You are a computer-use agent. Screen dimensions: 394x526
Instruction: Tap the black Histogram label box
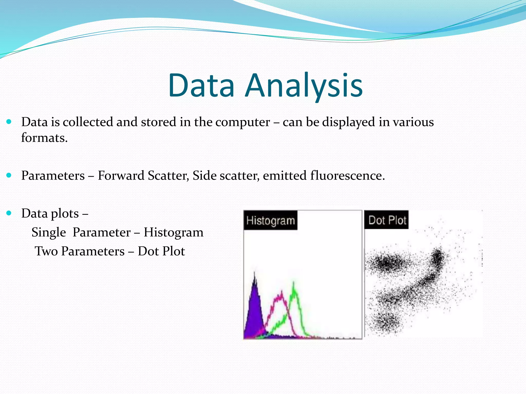coord(270,220)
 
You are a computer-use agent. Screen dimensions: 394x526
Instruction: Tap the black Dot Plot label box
coord(387,220)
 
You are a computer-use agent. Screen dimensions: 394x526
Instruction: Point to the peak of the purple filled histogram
coord(255,273)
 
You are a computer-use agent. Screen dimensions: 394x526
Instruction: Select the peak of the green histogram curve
coord(294,283)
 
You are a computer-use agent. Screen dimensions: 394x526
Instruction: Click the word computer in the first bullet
coord(242,122)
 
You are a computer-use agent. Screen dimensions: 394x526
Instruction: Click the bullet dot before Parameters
coord(9,175)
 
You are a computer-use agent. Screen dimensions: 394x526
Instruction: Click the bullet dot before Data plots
coord(9,213)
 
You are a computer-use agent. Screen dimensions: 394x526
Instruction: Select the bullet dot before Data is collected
coord(9,122)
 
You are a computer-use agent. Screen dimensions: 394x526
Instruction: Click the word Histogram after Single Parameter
coord(173,232)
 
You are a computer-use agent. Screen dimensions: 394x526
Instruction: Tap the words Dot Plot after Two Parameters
coord(161,251)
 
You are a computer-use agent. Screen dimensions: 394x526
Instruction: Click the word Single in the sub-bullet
coord(49,232)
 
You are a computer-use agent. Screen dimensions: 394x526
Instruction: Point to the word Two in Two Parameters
coord(46,251)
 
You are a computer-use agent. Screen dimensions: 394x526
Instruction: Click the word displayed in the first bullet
coord(349,122)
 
